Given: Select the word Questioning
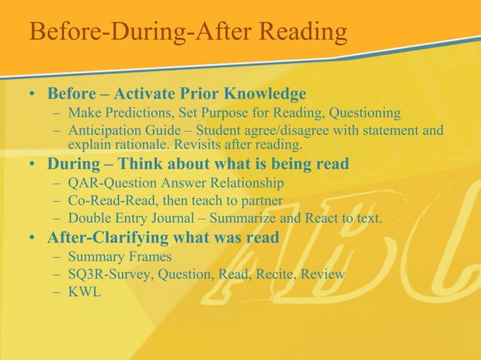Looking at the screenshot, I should pos(363,113).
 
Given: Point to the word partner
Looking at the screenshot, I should pos(258,201).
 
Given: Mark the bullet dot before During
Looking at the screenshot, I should pos(33,163).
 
